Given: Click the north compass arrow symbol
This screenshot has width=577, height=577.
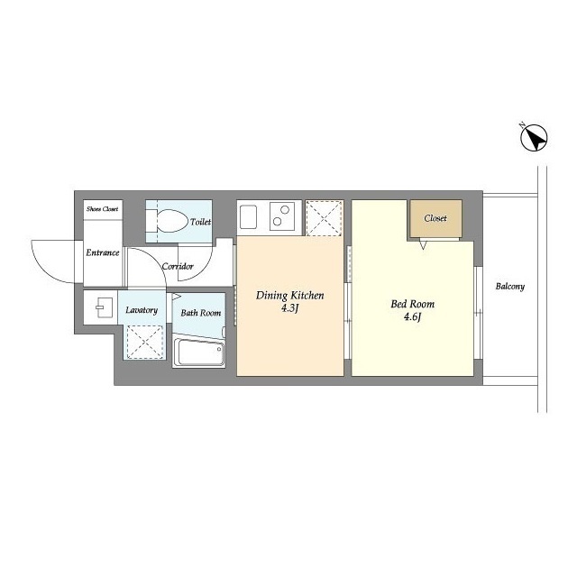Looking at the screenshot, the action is pos(534,138).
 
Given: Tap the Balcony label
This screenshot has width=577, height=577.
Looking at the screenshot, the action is pos(510,287).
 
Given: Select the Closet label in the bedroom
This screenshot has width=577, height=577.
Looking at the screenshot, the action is pos(435,218).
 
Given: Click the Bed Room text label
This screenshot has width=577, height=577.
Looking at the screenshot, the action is pos(413,304).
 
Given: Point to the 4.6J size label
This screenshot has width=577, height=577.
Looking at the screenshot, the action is pos(412,316).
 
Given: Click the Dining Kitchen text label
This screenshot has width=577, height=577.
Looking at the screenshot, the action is pos(290,296).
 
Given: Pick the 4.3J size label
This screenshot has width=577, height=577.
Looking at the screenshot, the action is pos(289,308).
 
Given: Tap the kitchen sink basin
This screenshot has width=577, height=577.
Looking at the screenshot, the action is pos(249,217).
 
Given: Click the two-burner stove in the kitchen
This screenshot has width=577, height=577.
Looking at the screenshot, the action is pos(282,216).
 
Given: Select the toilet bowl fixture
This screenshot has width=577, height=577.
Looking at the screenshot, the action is pos(166,221).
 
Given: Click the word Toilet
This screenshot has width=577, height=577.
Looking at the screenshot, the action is pos(200,222).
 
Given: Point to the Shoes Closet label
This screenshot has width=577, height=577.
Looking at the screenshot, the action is pos(103,209).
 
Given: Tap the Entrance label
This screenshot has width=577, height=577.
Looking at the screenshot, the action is pos(103,252).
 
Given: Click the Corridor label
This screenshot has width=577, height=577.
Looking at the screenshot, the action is pos(178,266).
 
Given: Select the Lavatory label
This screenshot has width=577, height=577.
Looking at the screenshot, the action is pos(142,310).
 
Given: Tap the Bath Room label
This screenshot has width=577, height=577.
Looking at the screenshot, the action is pos(201,313).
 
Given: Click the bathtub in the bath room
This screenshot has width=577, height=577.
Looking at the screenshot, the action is pos(198,352).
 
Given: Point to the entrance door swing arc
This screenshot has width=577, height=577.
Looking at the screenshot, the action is pos(45,269).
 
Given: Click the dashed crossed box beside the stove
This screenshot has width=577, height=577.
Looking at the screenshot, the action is pos(325,218).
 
